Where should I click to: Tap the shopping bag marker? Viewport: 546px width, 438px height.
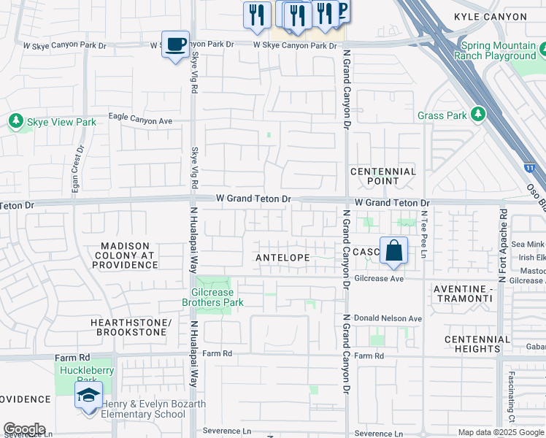(393, 251)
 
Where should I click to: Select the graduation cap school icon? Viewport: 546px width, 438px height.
(88, 396)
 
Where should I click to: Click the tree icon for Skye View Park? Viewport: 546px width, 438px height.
(15, 121)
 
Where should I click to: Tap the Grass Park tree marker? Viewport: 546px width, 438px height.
(478, 115)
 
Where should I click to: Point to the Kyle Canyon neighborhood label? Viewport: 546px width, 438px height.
(490, 17)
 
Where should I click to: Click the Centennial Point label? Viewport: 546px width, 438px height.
(383, 176)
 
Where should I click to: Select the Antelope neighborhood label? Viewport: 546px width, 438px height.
(282, 258)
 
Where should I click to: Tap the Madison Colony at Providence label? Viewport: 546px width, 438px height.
(125, 255)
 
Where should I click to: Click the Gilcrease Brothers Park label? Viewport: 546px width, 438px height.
(212, 297)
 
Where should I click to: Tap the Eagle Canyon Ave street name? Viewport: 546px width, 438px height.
(140, 118)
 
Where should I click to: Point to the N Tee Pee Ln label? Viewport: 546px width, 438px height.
(423, 234)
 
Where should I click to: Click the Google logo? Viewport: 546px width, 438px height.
(24, 429)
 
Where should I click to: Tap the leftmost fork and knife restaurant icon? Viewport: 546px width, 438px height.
(256, 16)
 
